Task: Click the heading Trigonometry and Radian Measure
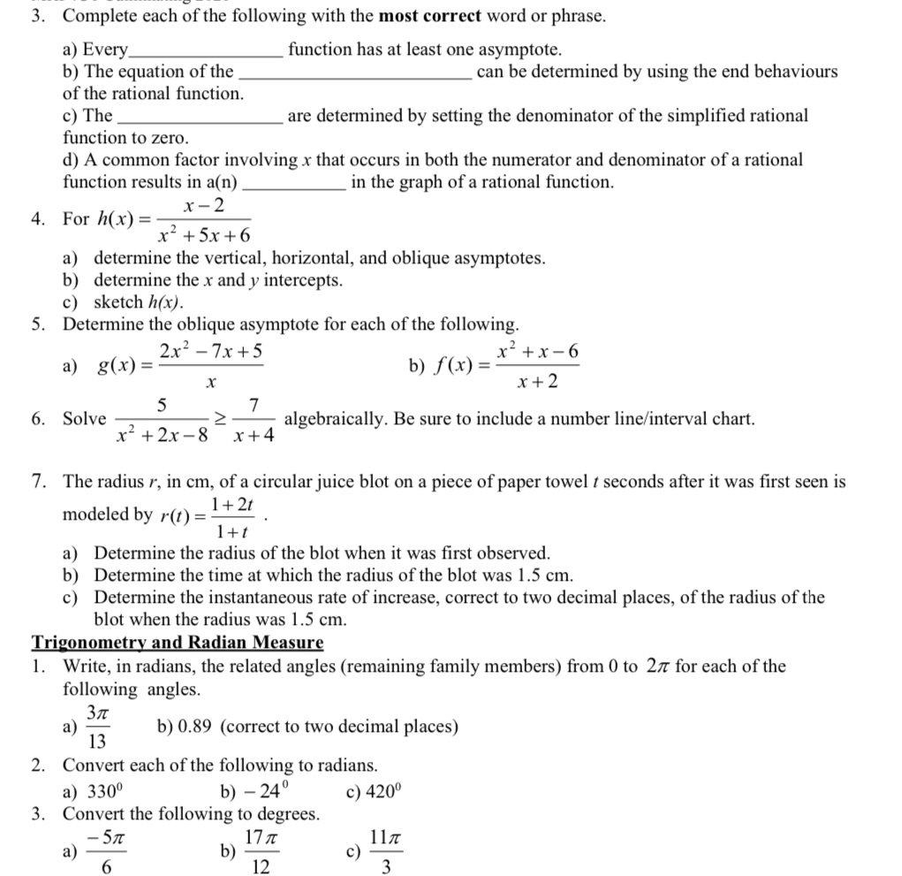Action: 178,643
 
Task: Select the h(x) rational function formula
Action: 171,220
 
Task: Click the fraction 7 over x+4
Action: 254,420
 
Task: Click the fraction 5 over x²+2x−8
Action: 161,420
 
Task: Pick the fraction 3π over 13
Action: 97,727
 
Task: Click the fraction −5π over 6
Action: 105,851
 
